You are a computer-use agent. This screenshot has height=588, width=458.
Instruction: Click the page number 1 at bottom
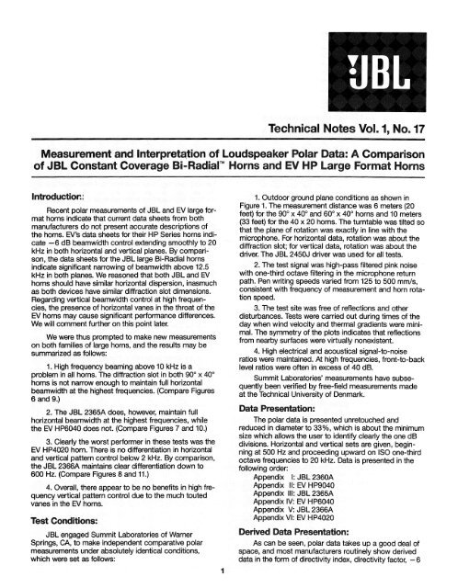225,574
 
